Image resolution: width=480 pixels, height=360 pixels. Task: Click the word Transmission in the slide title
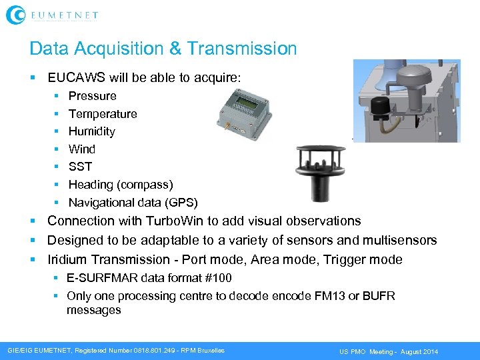(242, 49)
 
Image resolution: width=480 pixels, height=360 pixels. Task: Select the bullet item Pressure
(92, 96)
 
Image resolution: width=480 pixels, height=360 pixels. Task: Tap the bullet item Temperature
(103, 114)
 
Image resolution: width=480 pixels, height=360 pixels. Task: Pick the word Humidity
(92, 131)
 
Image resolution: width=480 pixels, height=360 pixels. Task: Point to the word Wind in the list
(82, 149)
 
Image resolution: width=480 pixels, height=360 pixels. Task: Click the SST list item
(80, 167)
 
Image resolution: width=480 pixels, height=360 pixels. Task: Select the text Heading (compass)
(121, 185)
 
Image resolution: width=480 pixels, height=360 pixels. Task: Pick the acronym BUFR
(379, 295)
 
